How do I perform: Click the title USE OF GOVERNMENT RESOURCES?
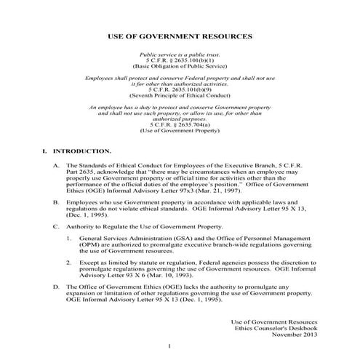point(179,35)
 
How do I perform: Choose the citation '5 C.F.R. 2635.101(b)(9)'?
point(179,90)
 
